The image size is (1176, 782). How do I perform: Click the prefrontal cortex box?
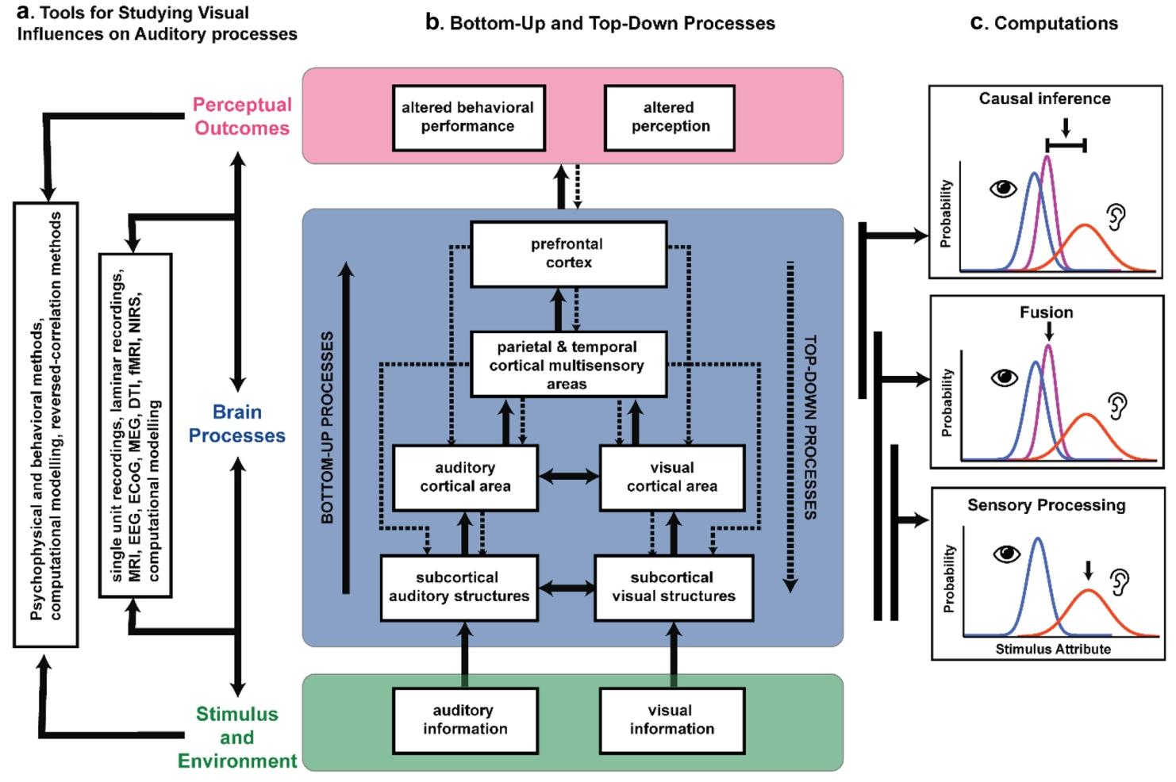click(x=568, y=254)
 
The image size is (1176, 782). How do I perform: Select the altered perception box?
click(x=670, y=117)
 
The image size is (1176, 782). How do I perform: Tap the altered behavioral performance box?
click(x=468, y=117)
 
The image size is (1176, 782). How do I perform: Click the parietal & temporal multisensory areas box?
click(x=567, y=365)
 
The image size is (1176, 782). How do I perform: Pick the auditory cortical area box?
click(x=465, y=477)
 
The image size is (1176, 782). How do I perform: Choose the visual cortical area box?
click(x=671, y=477)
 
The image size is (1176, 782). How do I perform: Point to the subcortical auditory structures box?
click(x=459, y=587)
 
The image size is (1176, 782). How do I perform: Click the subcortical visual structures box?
click(x=673, y=587)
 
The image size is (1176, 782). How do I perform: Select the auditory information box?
click(x=465, y=719)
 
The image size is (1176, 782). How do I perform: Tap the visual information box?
click(x=671, y=719)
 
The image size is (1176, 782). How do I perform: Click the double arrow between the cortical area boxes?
click(x=568, y=477)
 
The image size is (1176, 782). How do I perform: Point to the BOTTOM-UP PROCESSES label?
click(x=328, y=428)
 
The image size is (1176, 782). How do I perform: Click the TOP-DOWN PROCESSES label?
click(x=809, y=428)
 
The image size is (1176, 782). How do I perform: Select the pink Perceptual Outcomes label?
click(x=242, y=117)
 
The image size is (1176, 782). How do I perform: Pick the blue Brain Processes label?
click(x=236, y=424)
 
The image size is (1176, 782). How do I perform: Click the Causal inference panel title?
click(x=1044, y=99)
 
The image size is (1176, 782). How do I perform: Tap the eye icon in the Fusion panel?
click(x=1005, y=378)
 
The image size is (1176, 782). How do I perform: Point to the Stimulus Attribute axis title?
click(x=1053, y=650)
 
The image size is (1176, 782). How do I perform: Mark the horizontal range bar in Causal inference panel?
click(x=1066, y=144)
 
